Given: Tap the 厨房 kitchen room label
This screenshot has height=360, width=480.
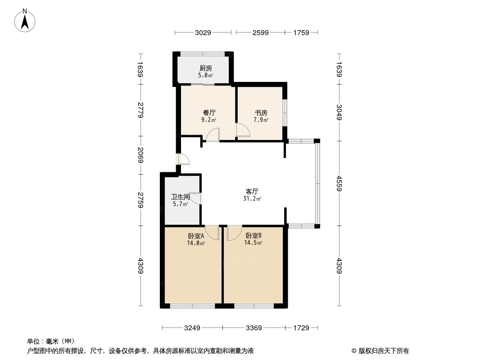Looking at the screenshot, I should coord(206,69).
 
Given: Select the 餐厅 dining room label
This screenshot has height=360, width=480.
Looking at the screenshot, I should coord(208,113).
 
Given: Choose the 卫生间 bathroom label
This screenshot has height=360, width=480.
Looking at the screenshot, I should coord(180,197).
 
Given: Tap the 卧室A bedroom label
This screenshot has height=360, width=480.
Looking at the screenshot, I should coord(196,236).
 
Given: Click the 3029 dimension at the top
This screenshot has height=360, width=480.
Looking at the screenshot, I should coord(203,32).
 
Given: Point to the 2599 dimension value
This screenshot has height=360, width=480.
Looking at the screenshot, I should coord(260,32).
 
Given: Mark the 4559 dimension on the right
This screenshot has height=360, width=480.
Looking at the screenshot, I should coord(339,183).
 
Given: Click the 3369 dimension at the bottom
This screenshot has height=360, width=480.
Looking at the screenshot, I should coord(254,328).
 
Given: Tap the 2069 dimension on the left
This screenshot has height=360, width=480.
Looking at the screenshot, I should coord(140,155).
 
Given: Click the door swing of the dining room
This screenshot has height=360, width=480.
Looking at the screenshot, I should coord(213,135).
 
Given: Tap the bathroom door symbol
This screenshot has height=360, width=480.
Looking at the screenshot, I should coord(196,199).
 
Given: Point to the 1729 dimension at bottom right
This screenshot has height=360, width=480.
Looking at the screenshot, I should coord(301,328).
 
